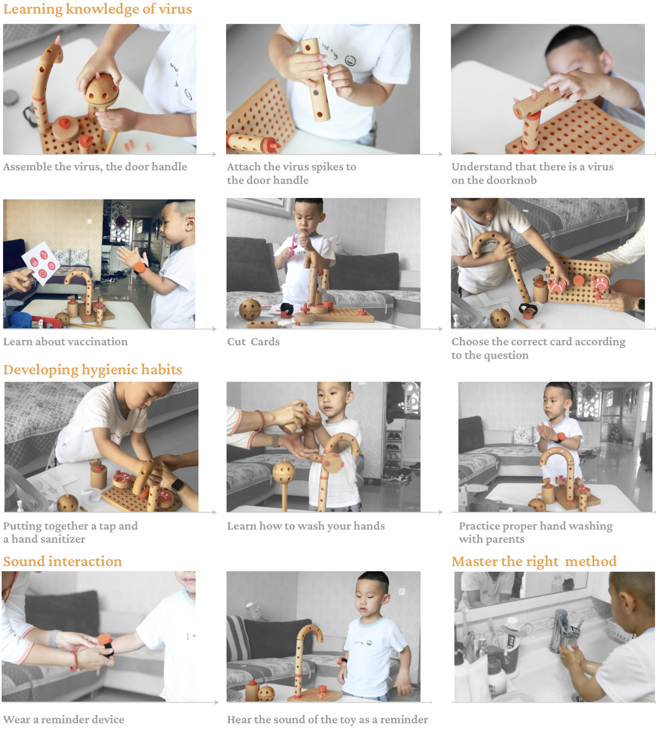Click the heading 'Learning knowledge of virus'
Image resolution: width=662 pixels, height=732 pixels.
[x=97, y=9]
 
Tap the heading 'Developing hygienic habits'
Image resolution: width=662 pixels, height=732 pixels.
[x=92, y=370]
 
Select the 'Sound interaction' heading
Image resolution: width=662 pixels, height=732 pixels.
[x=62, y=561]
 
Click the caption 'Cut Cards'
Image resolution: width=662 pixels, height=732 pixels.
[x=253, y=342]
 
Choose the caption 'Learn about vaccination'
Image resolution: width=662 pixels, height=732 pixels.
[x=65, y=342]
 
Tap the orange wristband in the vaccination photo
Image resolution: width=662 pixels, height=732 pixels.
[x=140, y=268]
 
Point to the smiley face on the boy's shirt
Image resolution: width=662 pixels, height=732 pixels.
[x=350, y=61]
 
